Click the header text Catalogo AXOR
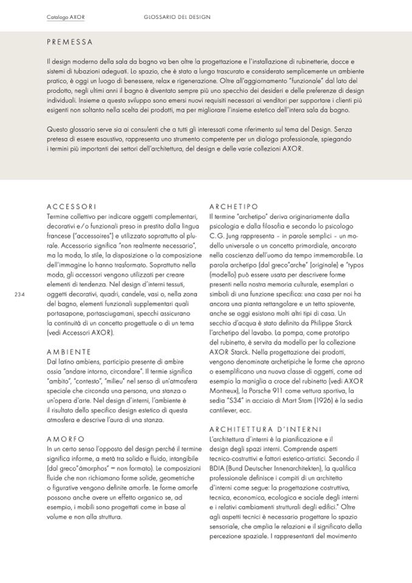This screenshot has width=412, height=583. point(65,17)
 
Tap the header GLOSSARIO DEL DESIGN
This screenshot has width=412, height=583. point(177,17)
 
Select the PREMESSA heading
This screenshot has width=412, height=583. point(70,43)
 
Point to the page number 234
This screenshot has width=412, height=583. point(19,294)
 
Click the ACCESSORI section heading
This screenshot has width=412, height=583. point(71,207)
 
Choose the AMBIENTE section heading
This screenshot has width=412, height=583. point(69,352)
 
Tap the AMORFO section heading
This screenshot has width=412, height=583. point(66,439)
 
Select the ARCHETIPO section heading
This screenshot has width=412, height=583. point(233,207)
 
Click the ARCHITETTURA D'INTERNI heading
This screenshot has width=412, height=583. point(265,430)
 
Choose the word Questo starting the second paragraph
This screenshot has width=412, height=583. point(58,129)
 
